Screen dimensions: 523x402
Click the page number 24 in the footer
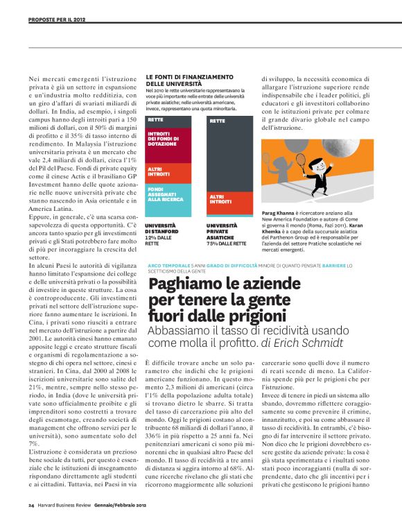[x=31, y=506]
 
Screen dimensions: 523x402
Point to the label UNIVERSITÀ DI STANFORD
[x=161, y=230]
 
